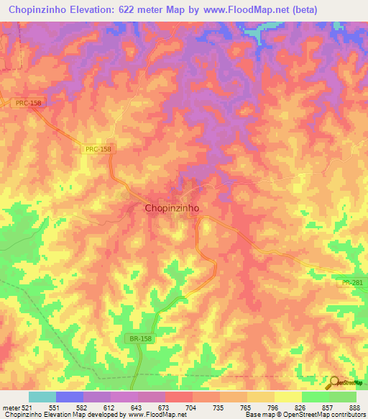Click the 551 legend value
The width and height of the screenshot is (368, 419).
[55, 407]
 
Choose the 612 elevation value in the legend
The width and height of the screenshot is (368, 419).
[110, 407]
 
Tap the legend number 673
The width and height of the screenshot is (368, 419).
[165, 407]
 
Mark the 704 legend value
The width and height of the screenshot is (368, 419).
[192, 407]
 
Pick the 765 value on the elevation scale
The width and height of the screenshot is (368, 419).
[247, 407]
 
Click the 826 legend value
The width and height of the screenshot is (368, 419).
[301, 407]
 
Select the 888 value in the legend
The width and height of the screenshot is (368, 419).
[356, 407]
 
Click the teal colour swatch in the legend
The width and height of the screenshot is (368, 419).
[42, 397]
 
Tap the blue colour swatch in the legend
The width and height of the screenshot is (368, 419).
[69, 397]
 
